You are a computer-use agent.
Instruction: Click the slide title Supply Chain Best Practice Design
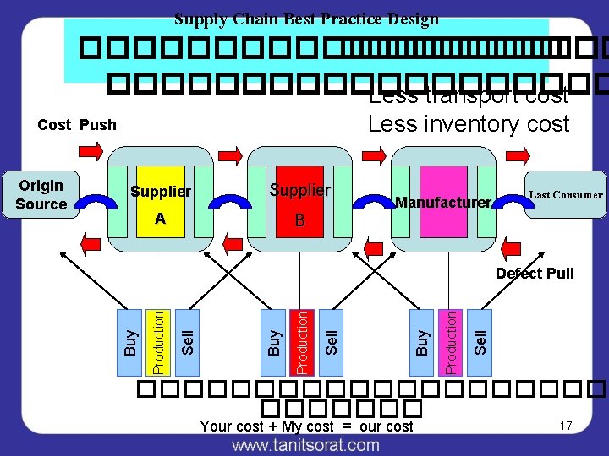[x=306, y=19]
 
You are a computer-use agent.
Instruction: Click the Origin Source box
[x=41, y=194]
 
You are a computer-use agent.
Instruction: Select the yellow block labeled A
[x=160, y=220]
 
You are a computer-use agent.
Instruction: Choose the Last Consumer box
[x=565, y=194]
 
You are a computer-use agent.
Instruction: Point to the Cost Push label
[x=77, y=125]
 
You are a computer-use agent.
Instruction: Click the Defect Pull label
[x=535, y=273]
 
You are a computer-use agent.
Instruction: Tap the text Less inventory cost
[x=469, y=124]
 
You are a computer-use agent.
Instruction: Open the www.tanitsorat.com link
[x=305, y=444]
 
